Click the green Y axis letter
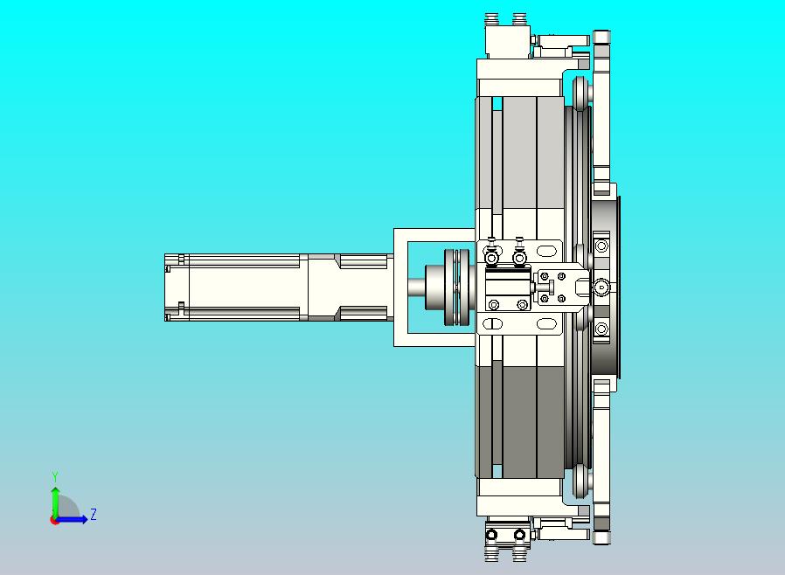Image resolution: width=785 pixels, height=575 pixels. tap(55, 476)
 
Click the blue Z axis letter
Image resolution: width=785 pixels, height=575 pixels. tap(93, 515)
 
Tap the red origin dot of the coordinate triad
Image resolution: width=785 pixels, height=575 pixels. tap(54, 520)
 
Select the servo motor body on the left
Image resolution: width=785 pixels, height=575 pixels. tap(245, 287)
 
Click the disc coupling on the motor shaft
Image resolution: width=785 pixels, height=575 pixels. tap(453, 287)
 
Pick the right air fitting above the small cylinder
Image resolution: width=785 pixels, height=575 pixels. tap(520, 258)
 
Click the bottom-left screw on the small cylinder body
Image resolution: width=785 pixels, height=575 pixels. tap(494, 304)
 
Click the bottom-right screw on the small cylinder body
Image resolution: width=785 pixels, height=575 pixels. tap(522, 304)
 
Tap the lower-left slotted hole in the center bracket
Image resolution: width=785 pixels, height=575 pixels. tap(491, 324)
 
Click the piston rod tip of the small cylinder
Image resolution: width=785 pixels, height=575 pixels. tap(551, 287)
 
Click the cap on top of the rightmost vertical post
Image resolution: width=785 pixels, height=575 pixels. tap(601, 36)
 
